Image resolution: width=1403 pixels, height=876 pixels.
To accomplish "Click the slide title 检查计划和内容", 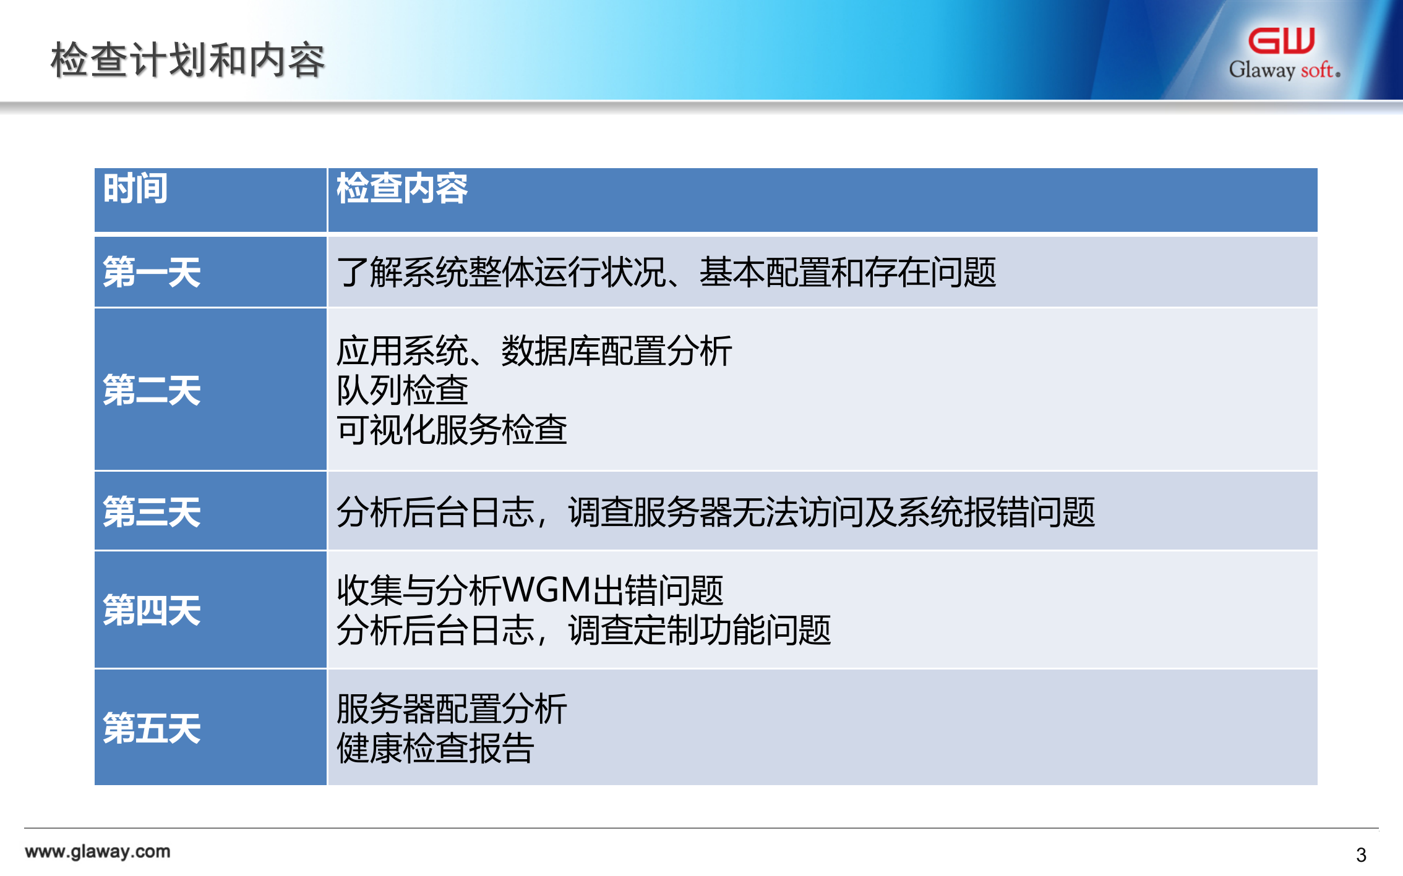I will [x=187, y=60].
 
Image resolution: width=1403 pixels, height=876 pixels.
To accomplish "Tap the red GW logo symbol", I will [x=1281, y=41].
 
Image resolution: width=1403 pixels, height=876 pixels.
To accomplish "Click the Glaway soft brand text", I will [x=1284, y=70].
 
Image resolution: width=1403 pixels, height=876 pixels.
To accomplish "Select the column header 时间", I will [x=135, y=188].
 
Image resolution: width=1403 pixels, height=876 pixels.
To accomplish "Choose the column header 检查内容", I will [x=402, y=188].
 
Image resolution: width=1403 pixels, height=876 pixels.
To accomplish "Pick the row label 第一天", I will [x=152, y=272].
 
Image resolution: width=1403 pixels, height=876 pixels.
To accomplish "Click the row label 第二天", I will [x=152, y=390].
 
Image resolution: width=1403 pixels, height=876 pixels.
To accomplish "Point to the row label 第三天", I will [x=152, y=512].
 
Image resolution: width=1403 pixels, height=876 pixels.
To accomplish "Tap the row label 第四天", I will [x=152, y=610].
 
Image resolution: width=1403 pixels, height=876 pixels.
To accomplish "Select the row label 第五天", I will [x=152, y=728].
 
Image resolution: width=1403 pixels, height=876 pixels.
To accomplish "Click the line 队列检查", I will [x=402, y=390].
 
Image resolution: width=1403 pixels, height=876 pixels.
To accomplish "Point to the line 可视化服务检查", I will [x=452, y=430].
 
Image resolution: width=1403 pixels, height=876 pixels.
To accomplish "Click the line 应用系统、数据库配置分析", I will [x=534, y=351].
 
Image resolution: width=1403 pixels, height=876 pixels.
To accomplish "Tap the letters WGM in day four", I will [x=547, y=590].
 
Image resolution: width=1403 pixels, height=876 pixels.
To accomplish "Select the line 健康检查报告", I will [x=435, y=748].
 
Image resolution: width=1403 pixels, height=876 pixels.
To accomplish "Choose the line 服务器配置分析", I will [x=452, y=708].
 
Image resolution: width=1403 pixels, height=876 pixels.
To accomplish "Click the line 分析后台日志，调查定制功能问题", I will [x=583, y=630].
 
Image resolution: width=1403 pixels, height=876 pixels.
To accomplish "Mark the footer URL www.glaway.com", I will [x=98, y=851].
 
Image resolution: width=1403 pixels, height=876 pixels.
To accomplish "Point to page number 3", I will [x=1361, y=855].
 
